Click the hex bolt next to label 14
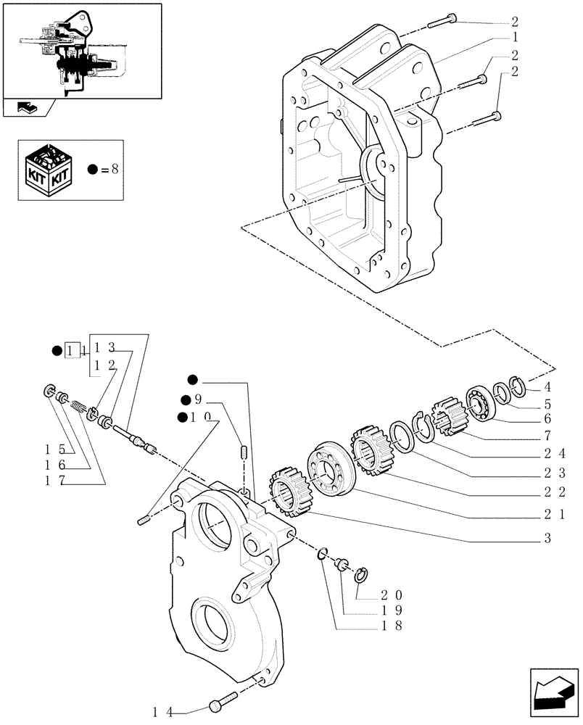coord(220,703)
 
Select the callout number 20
coord(390,594)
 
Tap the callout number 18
coord(389,626)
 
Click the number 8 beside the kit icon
coord(115,169)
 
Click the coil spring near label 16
coord(78,410)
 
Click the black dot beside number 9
coord(186,399)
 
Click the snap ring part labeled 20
coord(364,576)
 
